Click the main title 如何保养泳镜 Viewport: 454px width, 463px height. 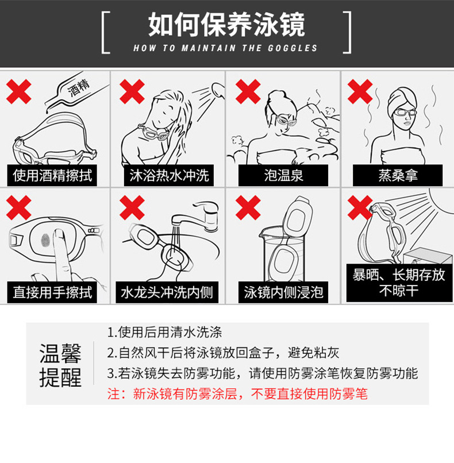coord(226,25)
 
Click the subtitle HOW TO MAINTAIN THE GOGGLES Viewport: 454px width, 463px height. coord(225,48)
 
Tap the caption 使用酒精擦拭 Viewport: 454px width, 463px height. coord(52,175)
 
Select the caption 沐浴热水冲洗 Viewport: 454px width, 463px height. coord(169,175)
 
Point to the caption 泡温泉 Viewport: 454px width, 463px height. coord(283,175)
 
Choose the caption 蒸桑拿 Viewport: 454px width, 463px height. coord(398,175)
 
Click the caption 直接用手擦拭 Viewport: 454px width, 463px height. coord(52,292)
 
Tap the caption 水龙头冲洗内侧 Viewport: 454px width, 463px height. coord(167,292)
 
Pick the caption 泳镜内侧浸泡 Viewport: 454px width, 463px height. coord(283,292)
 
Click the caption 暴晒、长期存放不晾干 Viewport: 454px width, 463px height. coord(399,283)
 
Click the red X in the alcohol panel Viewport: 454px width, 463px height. coord(18,91)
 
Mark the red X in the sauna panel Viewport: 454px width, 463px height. coord(360,91)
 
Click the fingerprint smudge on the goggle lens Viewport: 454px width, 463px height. coord(45,240)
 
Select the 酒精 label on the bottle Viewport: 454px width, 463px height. coord(79,88)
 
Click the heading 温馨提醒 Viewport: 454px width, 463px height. coord(60,365)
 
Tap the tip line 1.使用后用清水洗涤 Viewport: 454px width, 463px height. coord(164,332)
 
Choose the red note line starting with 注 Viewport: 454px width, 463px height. coord(237,394)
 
